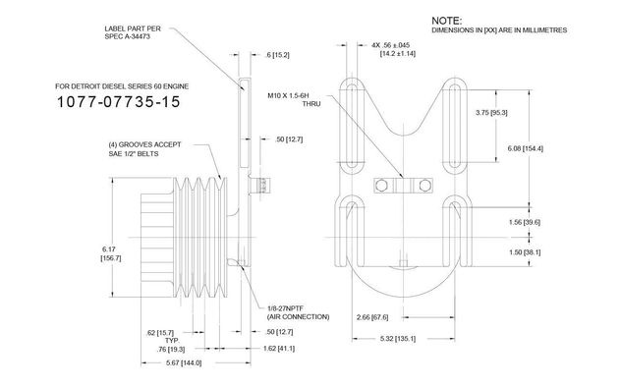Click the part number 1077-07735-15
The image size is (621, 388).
tap(119, 102)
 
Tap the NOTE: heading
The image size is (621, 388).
tap(446, 21)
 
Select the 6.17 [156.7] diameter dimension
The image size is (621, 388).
tap(111, 253)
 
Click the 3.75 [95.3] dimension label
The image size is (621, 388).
tap(491, 112)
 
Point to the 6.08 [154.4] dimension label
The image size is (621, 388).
tap(526, 148)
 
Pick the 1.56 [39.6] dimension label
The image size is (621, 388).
tap(525, 222)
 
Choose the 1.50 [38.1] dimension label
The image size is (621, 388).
tap(525, 252)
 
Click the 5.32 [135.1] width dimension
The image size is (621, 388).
tap(398, 339)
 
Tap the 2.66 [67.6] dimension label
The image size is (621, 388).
tap(372, 317)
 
